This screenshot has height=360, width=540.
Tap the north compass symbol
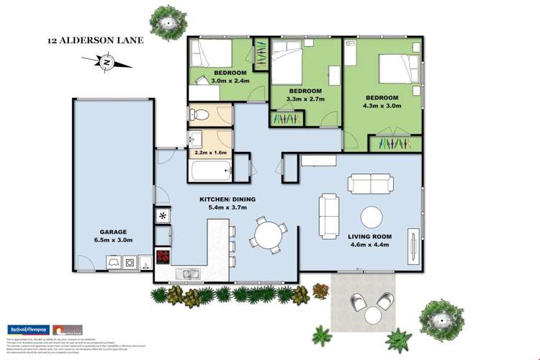click(x=107, y=64)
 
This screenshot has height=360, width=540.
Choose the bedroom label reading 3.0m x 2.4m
click(x=230, y=77)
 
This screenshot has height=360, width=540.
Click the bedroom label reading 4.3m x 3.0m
click(x=381, y=102)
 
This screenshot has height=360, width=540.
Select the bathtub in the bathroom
click(x=209, y=171)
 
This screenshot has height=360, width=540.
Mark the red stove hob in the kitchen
click(x=163, y=258)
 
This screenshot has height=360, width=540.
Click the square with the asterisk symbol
click(x=163, y=215)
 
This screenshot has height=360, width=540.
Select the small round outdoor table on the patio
click(x=372, y=315)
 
